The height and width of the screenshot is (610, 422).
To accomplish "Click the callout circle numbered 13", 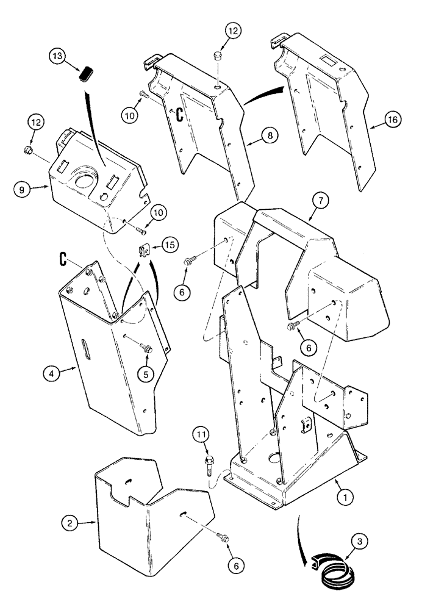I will pyautogui.click(x=59, y=57).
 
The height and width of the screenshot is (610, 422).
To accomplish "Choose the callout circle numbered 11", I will pyautogui.click(x=202, y=435).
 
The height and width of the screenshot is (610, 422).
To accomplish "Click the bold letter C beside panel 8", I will pyautogui.click(x=181, y=113).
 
